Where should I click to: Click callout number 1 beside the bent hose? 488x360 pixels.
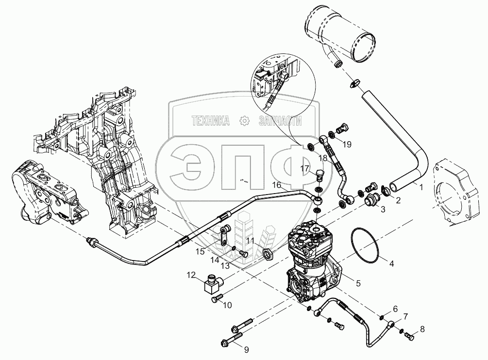pyautogui.click(x=421, y=187)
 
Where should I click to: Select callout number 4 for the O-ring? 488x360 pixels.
pyautogui.click(x=391, y=263)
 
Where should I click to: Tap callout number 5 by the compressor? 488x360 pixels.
pyautogui.click(x=358, y=283)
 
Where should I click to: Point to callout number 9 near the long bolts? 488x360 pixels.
pyautogui.click(x=247, y=350)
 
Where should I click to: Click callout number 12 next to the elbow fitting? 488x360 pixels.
pyautogui.click(x=191, y=275)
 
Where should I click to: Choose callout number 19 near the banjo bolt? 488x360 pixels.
pyautogui.click(x=347, y=144)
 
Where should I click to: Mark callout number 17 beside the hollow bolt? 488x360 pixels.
pyautogui.click(x=304, y=168)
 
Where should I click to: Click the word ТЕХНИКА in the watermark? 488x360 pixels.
pyautogui.click(x=211, y=121)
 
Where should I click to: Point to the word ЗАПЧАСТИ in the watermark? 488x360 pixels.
pyautogui.click(x=280, y=121)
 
